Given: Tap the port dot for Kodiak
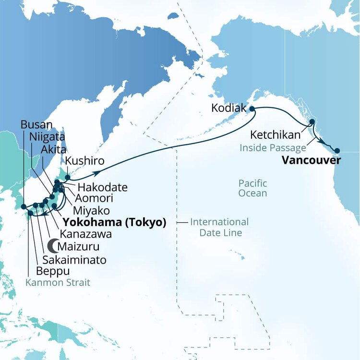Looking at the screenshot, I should click(x=251, y=109).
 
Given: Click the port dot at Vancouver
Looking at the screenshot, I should click(x=337, y=150).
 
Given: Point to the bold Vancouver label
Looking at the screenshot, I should click(x=311, y=160).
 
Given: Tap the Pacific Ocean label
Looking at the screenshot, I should click(x=253, y=188).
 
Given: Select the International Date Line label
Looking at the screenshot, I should click(x=219, y=228).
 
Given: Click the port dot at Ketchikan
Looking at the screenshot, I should click(x=312, y=122).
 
